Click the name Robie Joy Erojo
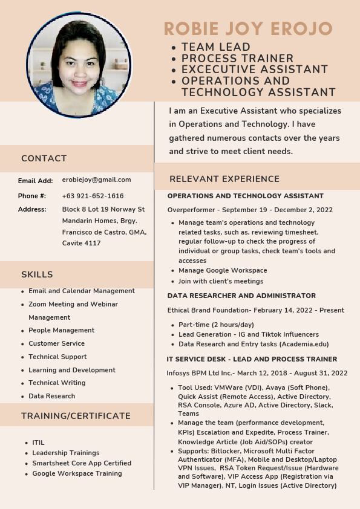249,28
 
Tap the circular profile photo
79,65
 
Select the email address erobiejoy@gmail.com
97,180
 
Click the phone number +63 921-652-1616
93,196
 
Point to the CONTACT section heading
44,158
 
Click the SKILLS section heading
37,274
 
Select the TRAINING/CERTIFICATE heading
76,416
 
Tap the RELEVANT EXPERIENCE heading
224,179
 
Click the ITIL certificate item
38,443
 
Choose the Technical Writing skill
57,383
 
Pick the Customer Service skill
56,343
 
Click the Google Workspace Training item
77,473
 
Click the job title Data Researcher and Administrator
241,296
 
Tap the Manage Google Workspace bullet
223,270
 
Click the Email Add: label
36,180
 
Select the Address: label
32,209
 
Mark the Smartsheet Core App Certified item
82,463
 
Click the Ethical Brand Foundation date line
256,310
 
